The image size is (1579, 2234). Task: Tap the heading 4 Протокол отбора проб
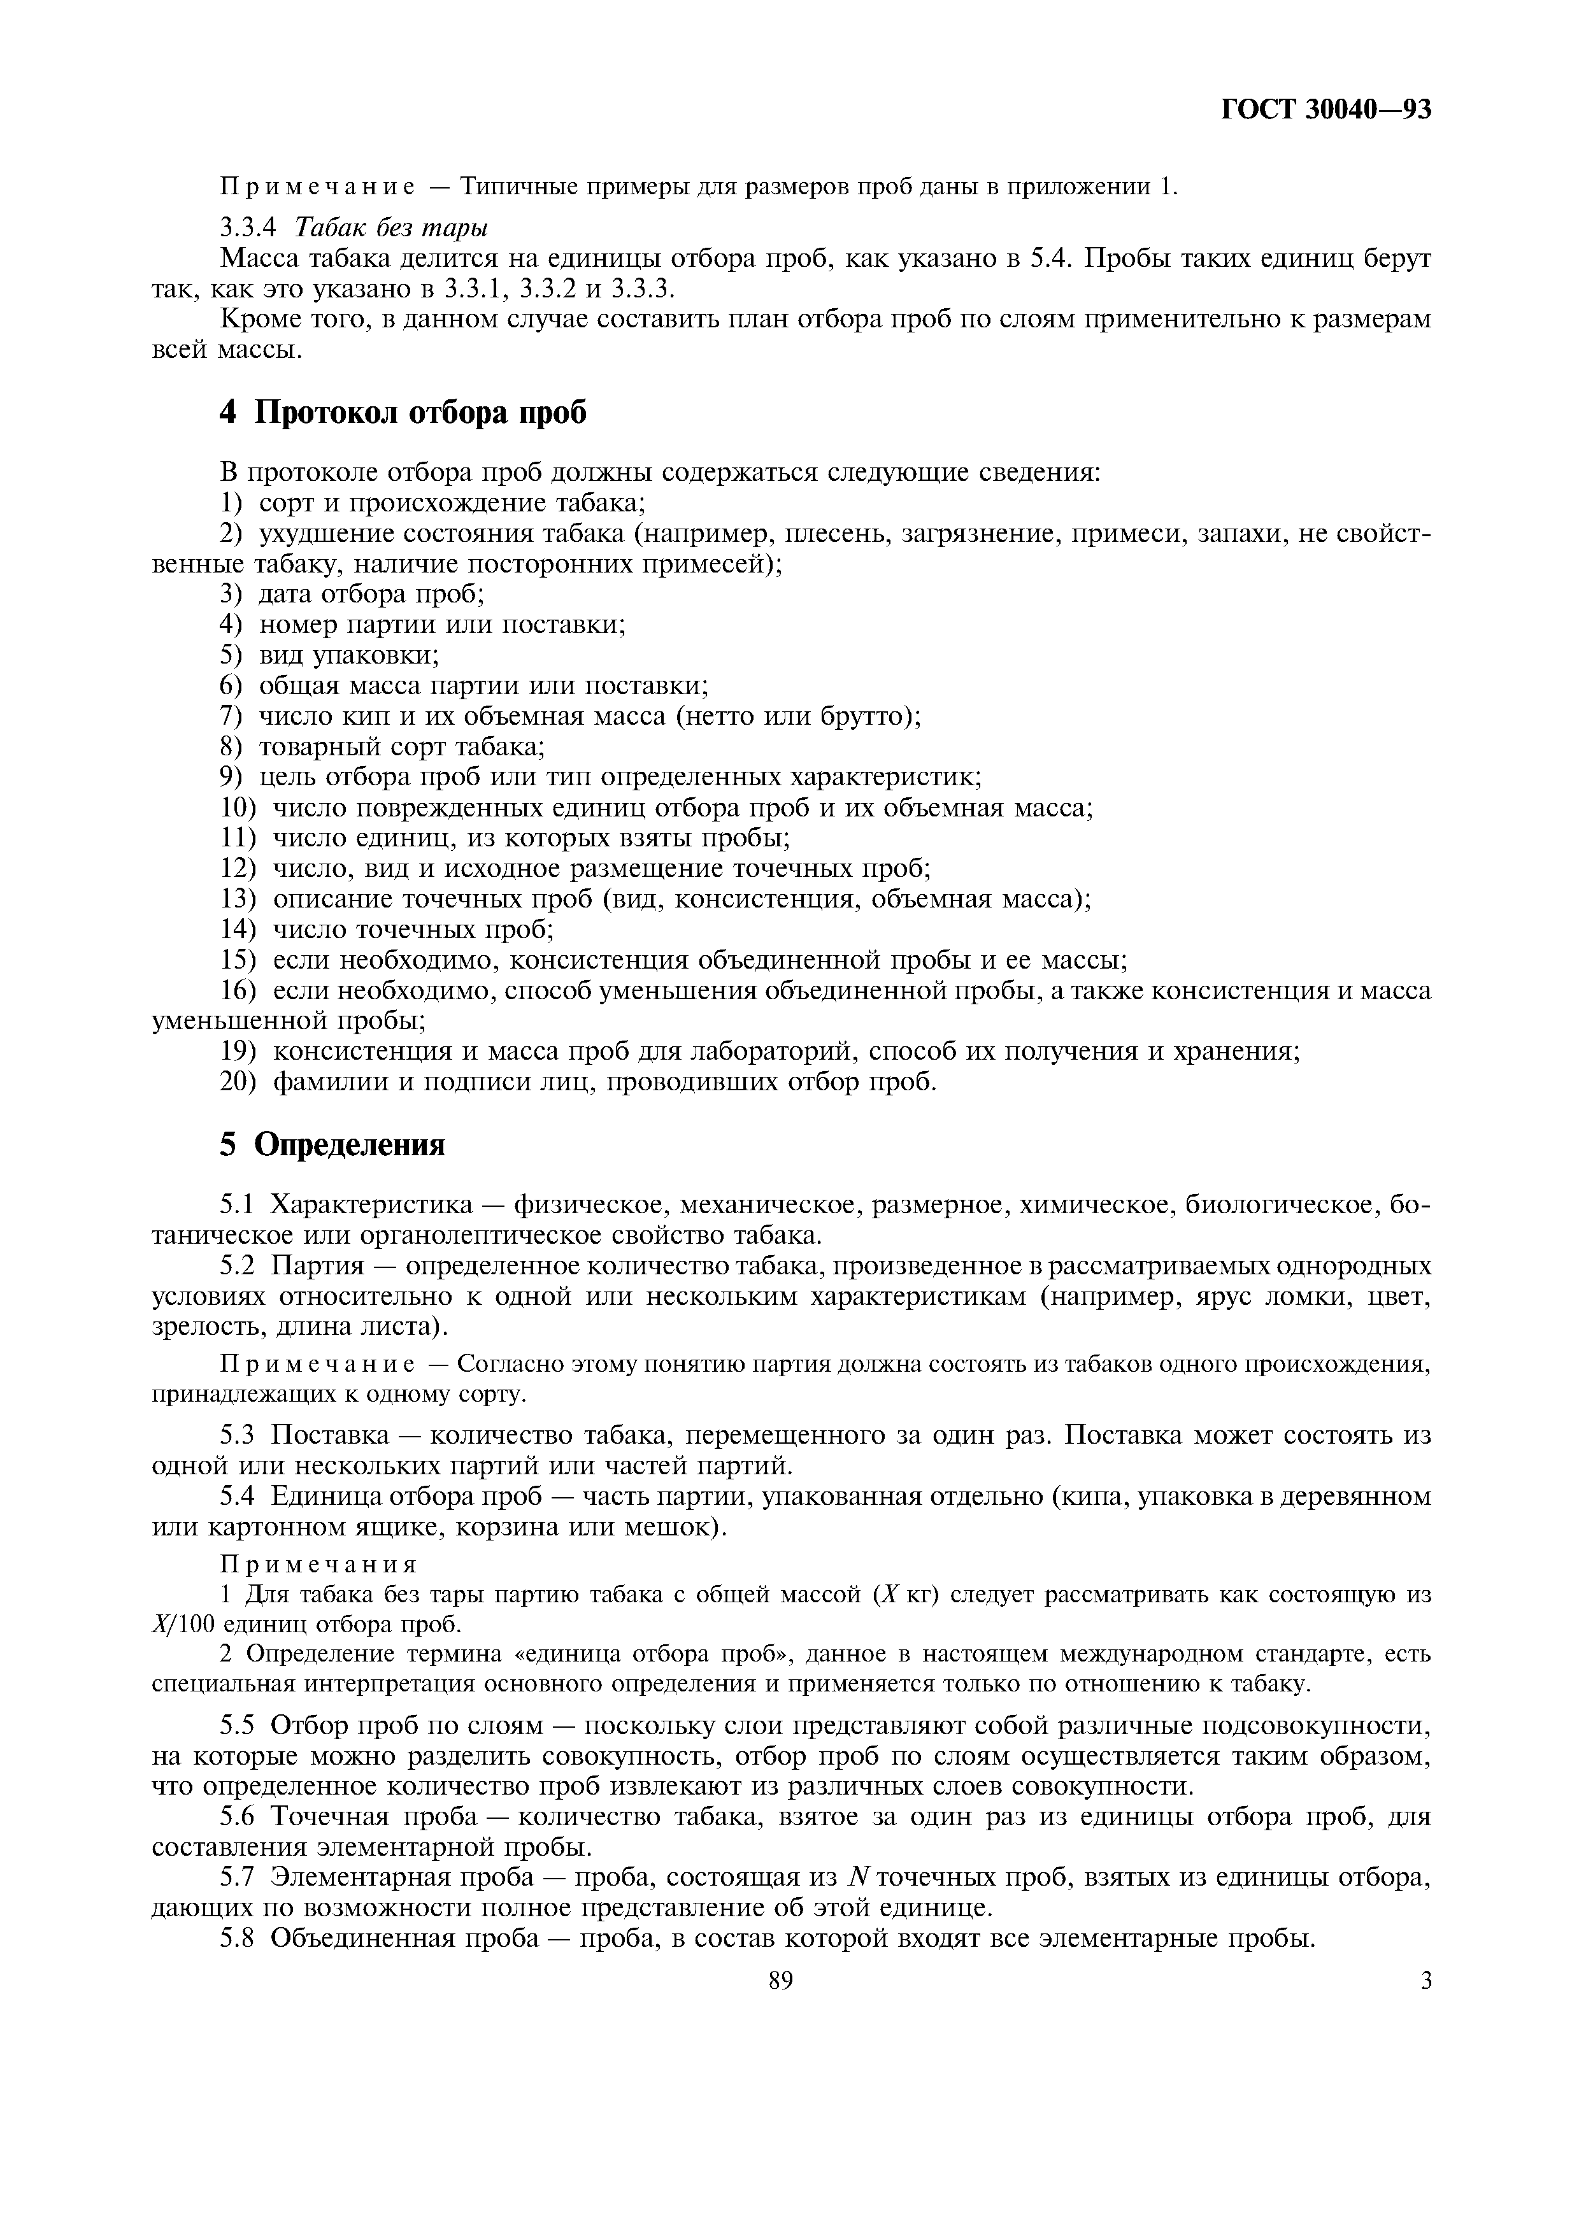click(404, 413)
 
